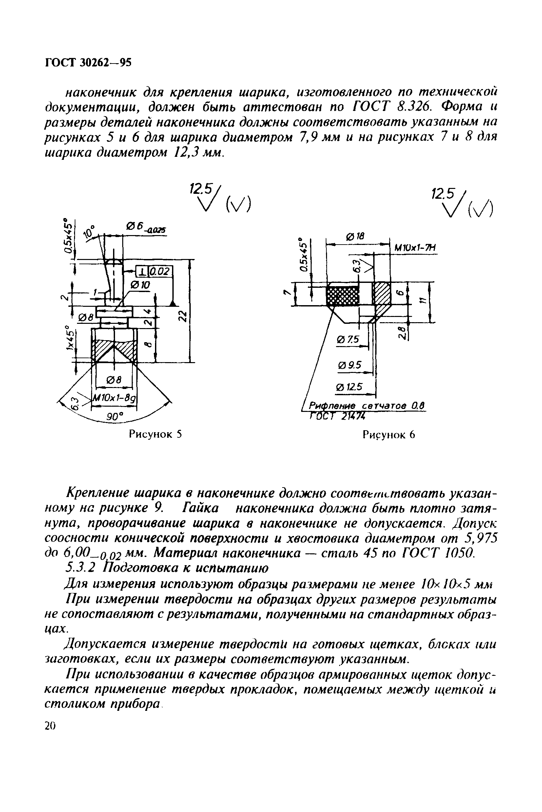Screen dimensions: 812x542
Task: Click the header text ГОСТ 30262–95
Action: [88, 63]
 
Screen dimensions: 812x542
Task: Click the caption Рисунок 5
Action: [155, 434]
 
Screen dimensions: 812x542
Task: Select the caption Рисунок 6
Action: [389, 435]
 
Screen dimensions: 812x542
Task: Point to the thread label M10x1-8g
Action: [114, 398]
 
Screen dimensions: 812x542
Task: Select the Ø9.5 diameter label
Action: [349, 365]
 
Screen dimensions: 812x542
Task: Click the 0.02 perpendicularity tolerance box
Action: [160, 271]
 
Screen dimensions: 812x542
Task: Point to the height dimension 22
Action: [184, 315]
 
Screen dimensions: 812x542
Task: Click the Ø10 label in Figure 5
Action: [140, 285]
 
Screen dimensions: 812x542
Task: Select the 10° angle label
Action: [89, 232]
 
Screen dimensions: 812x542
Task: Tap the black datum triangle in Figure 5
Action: [173, 303]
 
